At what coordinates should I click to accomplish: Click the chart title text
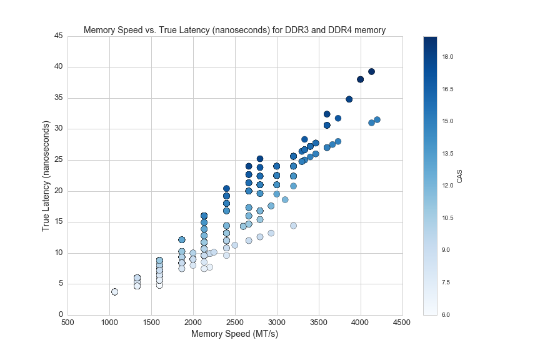click(234, 29)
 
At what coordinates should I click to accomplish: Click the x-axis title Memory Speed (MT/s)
click(234, 334)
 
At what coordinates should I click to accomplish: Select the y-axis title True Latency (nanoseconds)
click(46, 176)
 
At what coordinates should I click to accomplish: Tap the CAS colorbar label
click(460, 176)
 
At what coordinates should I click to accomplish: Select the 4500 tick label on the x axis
click(402, 322)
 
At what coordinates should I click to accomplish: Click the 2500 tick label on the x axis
click(235, 322)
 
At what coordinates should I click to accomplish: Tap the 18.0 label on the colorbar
click(447, 57)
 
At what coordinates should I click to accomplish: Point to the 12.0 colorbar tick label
click(447, 186)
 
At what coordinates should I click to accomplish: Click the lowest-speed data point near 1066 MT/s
click(115, 292)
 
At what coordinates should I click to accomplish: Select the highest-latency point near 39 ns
click(371, 72)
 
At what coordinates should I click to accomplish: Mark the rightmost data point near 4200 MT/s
click(377, 119)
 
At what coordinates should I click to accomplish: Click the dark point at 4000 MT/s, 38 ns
click(361, 79)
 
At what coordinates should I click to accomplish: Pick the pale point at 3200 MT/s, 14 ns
click(293, 226)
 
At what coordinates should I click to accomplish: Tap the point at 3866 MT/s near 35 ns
click(349, 99)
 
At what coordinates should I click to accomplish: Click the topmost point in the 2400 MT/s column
click(226, 189)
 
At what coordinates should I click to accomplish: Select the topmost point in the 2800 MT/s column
click(260, 159)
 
